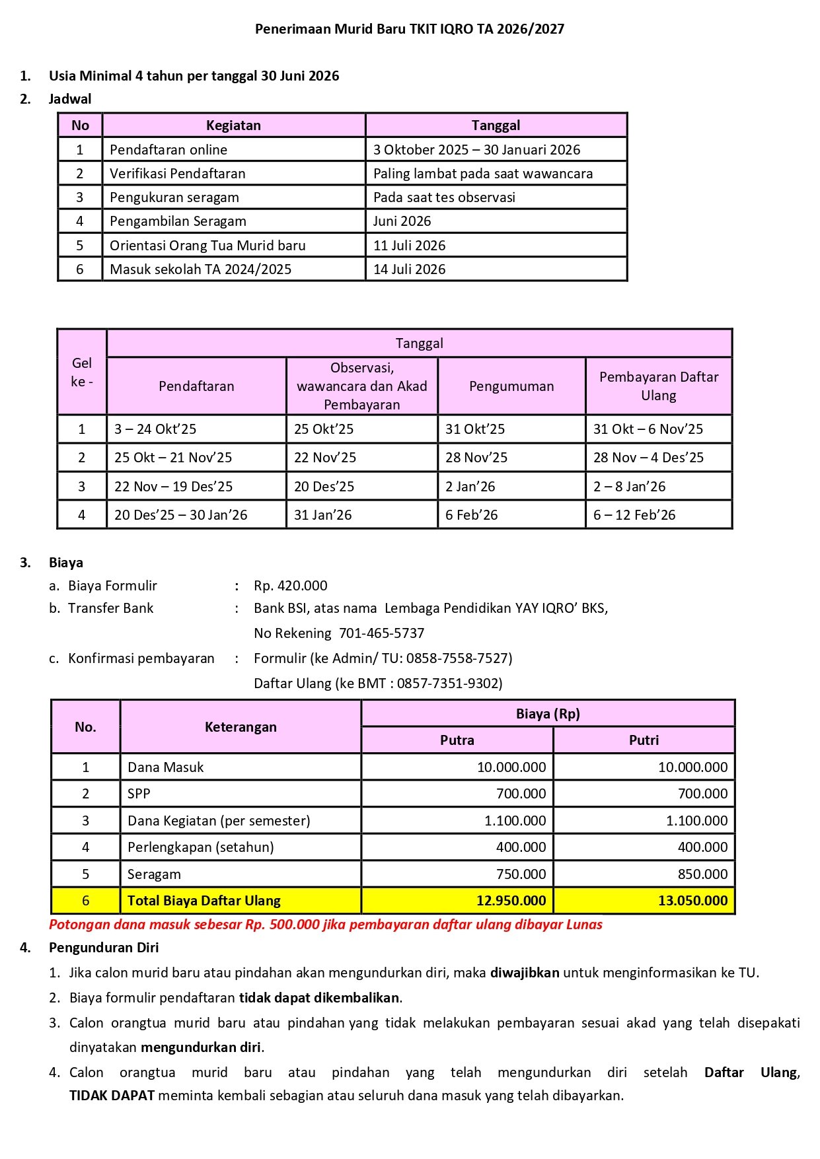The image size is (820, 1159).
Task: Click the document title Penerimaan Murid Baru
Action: pyautogui.click(x=410, y=29)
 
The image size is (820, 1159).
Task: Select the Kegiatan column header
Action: pyautogui.click(x=233, y=125)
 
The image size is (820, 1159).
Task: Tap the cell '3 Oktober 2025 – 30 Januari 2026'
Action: pyautogui.click(x=476, y=150)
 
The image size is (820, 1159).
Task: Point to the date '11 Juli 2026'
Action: pyautogui.click(x=410, y=246)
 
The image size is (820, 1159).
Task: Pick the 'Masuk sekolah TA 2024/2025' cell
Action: pyautogui.click(x=200, y=269)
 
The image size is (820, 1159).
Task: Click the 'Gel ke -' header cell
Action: pyautogui.click(x=82, y=372)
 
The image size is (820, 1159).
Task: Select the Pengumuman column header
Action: pyautogui.click(x=511, y=386)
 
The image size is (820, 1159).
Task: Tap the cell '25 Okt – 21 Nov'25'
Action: pyautogui.click(x=173, y=458)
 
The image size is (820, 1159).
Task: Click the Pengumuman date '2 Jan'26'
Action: pyautogui.click(x=470, y=487)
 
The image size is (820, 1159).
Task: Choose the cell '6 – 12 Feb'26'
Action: pyautogui.click(x=634, y=515)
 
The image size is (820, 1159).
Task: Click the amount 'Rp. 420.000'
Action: pyautogui.click(x=291, y=586)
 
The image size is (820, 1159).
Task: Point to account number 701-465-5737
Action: pyautogui.click(x=381, y=633)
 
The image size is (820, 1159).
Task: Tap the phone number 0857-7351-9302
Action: pyautogui.click(x=449, y=684)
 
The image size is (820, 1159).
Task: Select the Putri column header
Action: pyautogui.click(x=644, y=740)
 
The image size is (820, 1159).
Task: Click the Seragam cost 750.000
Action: pyautogui.click(x=521, y=874)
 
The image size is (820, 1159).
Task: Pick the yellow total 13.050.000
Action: pyautogui.click(x=692, y=901)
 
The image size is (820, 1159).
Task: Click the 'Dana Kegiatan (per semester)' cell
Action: pyautogui.click(x=219, y=821)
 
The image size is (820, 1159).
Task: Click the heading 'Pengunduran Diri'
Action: pyautogui.click(x=104, y=948)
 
